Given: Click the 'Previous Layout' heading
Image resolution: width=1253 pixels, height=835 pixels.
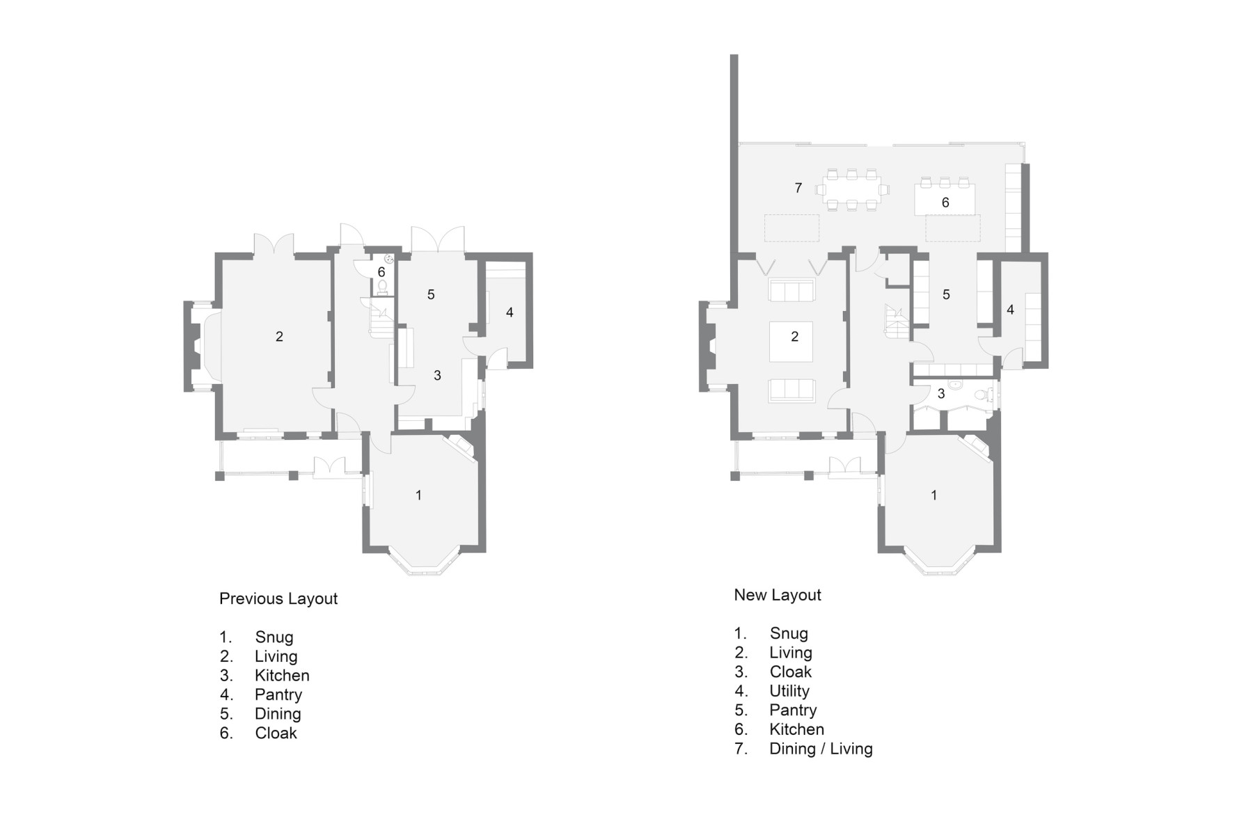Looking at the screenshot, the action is (278, 598).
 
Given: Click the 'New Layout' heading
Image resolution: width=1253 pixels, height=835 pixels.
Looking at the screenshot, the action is (778, 595).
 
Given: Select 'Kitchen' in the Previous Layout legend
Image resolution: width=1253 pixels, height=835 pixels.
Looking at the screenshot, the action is (282, 675).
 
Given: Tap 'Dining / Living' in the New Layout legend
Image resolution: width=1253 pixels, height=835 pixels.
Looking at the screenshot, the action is (821, 749).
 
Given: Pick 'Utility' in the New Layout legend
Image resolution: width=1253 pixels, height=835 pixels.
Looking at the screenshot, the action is (789, 691).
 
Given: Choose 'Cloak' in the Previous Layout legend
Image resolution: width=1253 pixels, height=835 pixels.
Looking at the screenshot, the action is (276, 733).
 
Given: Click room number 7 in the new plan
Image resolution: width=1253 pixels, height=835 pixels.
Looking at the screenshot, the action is (798, 188).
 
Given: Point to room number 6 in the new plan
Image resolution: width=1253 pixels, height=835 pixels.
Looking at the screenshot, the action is (945, 202).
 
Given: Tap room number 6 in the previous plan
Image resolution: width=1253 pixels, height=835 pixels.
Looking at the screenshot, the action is (381, 272).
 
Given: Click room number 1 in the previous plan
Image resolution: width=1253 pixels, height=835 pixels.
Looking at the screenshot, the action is (418, 495).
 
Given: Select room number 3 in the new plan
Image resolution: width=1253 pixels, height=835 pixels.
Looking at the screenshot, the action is (941, 394).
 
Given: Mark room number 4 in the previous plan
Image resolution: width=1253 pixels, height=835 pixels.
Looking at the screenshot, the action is (510, 312).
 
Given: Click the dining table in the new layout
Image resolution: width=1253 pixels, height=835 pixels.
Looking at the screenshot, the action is (853, 189).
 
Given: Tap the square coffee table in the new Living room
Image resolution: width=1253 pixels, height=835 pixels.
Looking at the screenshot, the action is (791, 342).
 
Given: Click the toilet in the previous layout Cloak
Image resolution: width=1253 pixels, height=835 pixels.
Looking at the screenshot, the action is (382, 287).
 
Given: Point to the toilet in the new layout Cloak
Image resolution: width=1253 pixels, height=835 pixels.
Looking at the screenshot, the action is (982, 395).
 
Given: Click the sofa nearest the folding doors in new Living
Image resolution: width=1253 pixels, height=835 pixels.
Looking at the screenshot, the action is (791, 290).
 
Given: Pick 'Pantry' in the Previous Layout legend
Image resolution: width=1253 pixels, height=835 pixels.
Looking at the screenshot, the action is (278, 694).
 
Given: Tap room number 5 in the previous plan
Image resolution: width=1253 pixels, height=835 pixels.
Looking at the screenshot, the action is (431, 295).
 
